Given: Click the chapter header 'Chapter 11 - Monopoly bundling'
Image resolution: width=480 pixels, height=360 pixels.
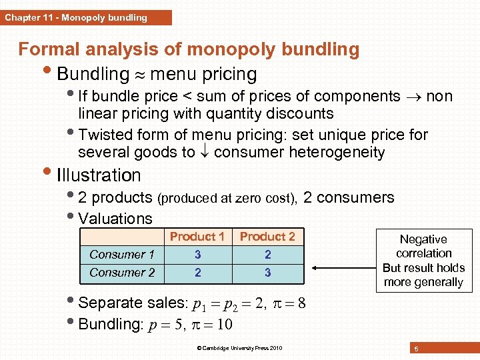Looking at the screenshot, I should [x=76, y=17].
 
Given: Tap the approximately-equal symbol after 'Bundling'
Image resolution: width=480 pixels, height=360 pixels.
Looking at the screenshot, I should [x=140, y=74].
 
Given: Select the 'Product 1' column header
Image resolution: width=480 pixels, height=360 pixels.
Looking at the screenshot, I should [x=197, y=237].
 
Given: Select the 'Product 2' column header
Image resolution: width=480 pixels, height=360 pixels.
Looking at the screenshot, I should [x=267, y=237].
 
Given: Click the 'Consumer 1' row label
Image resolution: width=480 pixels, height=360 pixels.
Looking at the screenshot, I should [x=122, y=255].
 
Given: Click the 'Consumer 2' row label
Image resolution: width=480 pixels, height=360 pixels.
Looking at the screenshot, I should [x=122, y=273].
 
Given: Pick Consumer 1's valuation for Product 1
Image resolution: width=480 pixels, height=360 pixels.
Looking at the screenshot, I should [x=197, y=255].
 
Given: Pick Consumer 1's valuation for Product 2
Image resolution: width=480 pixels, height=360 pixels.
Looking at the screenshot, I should [x=267, y=255].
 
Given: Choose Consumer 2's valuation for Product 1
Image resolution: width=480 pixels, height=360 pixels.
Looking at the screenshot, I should [x=197, y=273].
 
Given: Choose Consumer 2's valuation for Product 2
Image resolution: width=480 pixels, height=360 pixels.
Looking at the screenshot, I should [x=267, y=273].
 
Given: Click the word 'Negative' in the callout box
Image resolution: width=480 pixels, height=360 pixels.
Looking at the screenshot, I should [x=423, y=239].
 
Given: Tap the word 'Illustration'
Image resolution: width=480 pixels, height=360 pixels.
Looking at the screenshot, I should [x=99, y=175].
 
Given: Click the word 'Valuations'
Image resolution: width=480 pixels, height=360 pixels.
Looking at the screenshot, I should [x=115, y=218].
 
